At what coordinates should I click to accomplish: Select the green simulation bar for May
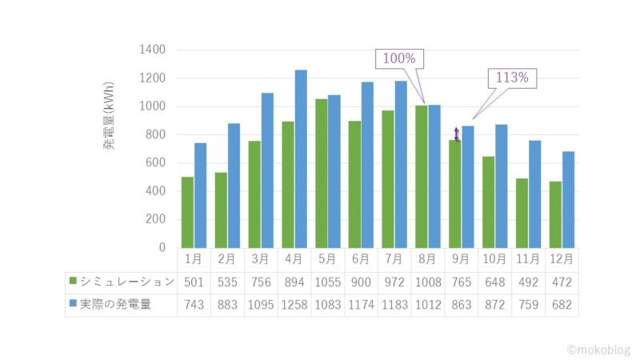322,173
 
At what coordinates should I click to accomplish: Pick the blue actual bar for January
200,195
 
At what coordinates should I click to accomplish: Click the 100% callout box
399,59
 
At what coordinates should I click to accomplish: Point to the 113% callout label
512,78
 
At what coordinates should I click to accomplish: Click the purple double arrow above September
457,134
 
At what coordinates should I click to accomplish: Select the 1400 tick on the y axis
152,50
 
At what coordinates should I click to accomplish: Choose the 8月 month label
428,259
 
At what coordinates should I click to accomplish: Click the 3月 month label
261,259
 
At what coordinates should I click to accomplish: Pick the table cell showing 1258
294,305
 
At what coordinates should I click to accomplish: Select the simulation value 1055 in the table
328,282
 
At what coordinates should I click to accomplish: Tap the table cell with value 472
562,282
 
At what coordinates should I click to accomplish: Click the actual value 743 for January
194,305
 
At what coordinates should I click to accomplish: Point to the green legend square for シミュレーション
73,282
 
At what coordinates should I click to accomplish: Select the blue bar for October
501,186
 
